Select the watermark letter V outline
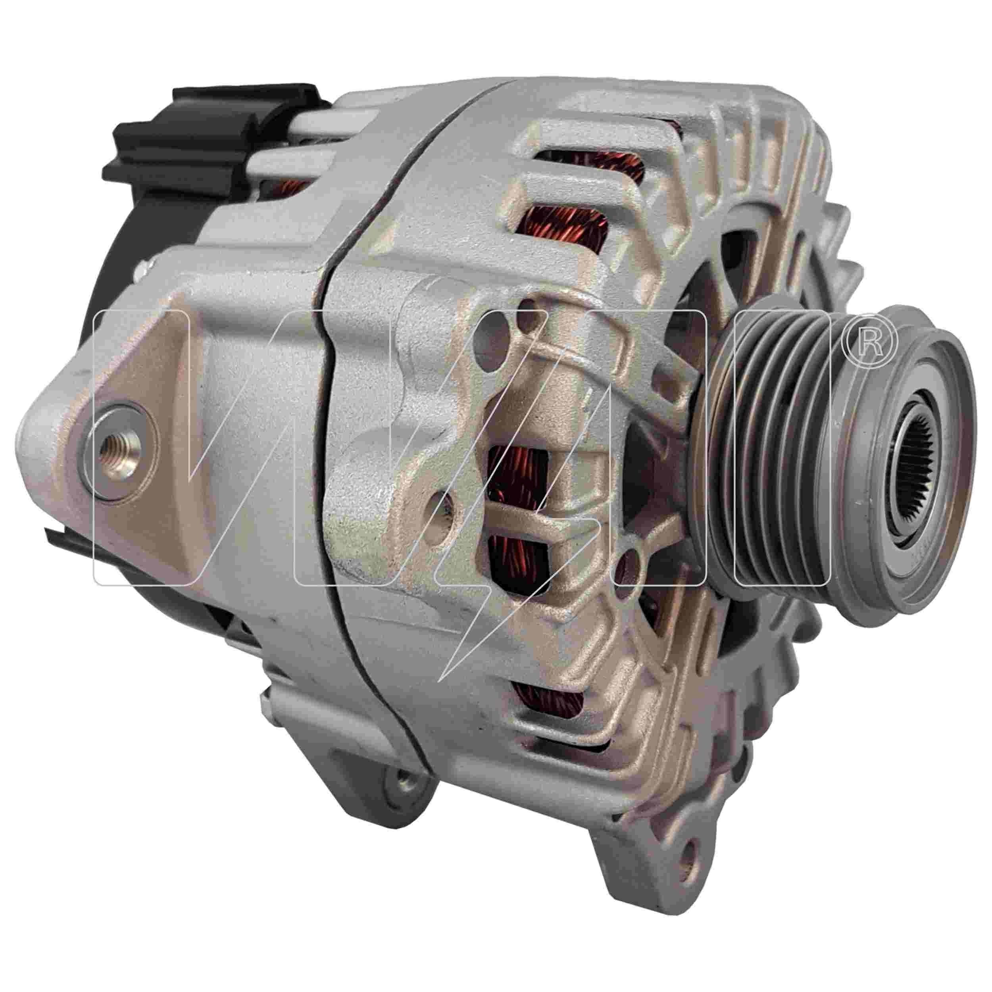click(x=141, y=447)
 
